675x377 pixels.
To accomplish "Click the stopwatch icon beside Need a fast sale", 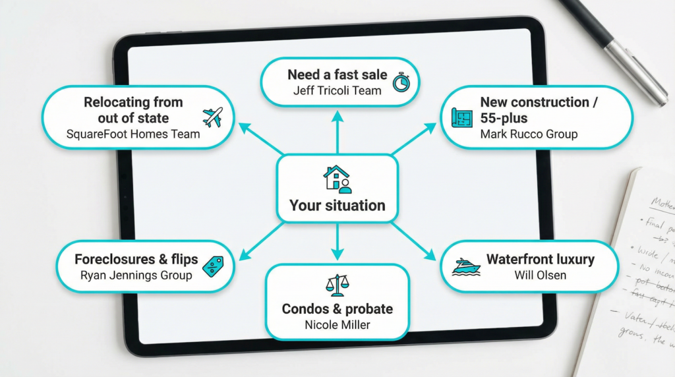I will click(401, 82).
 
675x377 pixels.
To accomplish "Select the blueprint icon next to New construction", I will click(463, 118).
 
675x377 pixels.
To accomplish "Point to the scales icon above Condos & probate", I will click(337, 285).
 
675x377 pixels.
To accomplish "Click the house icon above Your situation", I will click(337, 179).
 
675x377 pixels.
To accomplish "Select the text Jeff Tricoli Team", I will click(337, 90).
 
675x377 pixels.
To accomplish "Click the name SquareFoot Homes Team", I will click(133, 134).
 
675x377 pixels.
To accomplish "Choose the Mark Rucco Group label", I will click(529, 134).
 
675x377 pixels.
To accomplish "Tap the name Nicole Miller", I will click(337, 324).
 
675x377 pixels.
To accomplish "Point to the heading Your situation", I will click(337, 206).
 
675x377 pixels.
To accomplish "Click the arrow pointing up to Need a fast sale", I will click(337, 132).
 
